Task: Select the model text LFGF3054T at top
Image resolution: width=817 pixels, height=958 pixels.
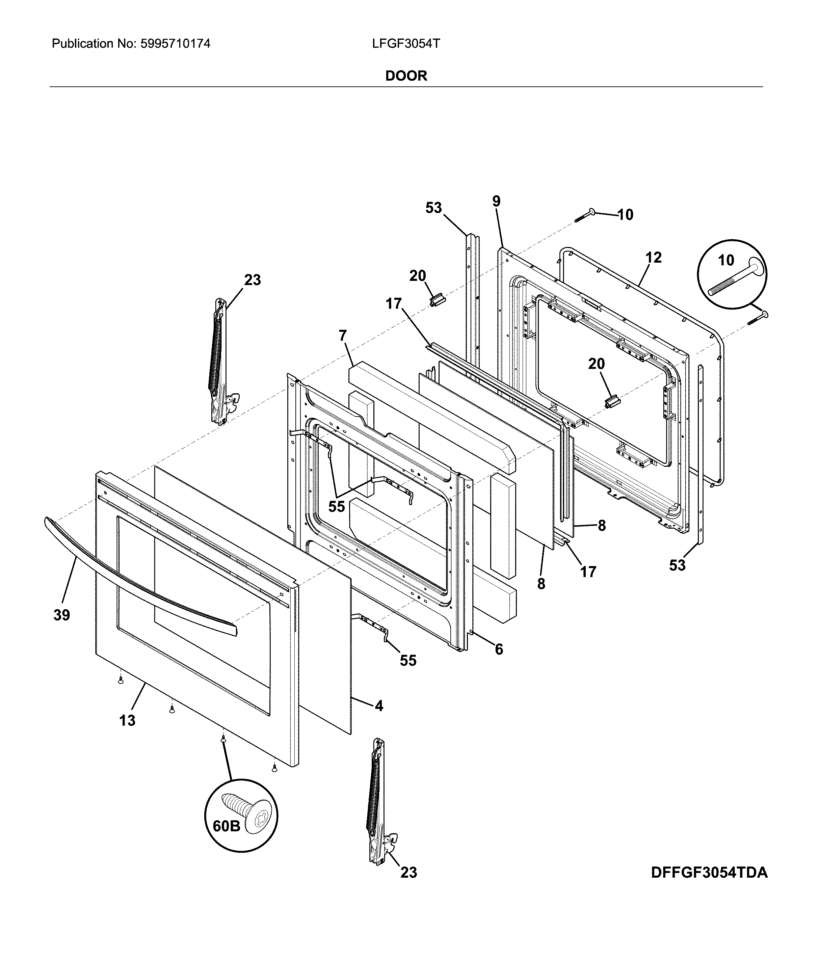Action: point(406,44)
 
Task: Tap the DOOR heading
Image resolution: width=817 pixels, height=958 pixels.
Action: point(406,76)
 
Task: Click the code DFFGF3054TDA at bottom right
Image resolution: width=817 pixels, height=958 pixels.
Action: point(709,873)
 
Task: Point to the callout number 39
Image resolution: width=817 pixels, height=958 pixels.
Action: point(61,615)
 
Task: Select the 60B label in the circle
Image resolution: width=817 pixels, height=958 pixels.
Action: point(227,826)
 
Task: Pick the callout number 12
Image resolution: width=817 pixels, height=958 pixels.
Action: point(653,258)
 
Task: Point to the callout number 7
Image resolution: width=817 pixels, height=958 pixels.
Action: point(343,335)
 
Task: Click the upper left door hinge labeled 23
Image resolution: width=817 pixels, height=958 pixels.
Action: point(220,361)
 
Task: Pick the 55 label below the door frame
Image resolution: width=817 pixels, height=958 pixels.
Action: point(408,660)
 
